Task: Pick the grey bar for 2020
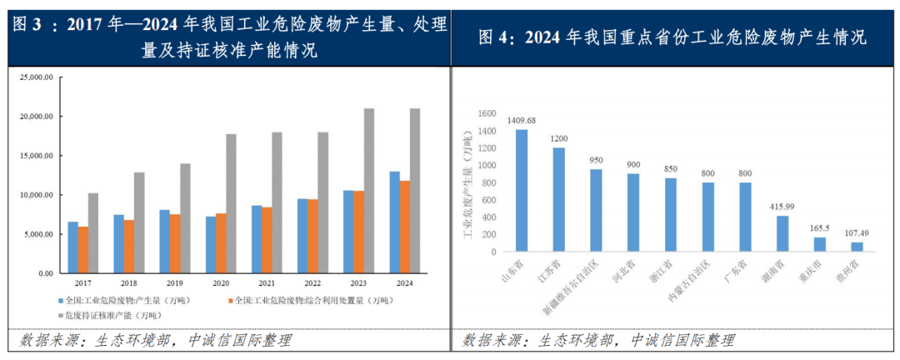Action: point(231,203)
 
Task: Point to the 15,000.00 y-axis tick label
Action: point(36,156)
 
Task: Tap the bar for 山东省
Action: point(522,191)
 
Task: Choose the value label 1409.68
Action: point(522,121)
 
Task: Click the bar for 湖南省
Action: point(782,234)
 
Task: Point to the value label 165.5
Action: point(820,228)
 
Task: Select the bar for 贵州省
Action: point(857,247)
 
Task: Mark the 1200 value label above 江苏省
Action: point(558,139)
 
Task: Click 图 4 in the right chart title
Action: point(497,37)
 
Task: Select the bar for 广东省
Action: point(745,217)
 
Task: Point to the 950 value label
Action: point(596,160)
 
